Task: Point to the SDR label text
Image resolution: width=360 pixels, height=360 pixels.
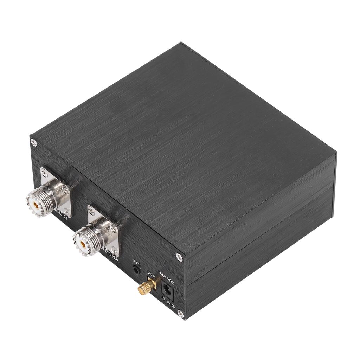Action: pos(151,273)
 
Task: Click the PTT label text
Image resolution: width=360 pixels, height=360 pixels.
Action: pos(136,262)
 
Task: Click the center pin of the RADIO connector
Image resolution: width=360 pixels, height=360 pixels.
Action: pos(36,203)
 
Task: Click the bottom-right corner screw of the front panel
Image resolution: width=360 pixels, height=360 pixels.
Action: pos(180,313)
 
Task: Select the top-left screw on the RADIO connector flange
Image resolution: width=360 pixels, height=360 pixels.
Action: pos(44,172)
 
